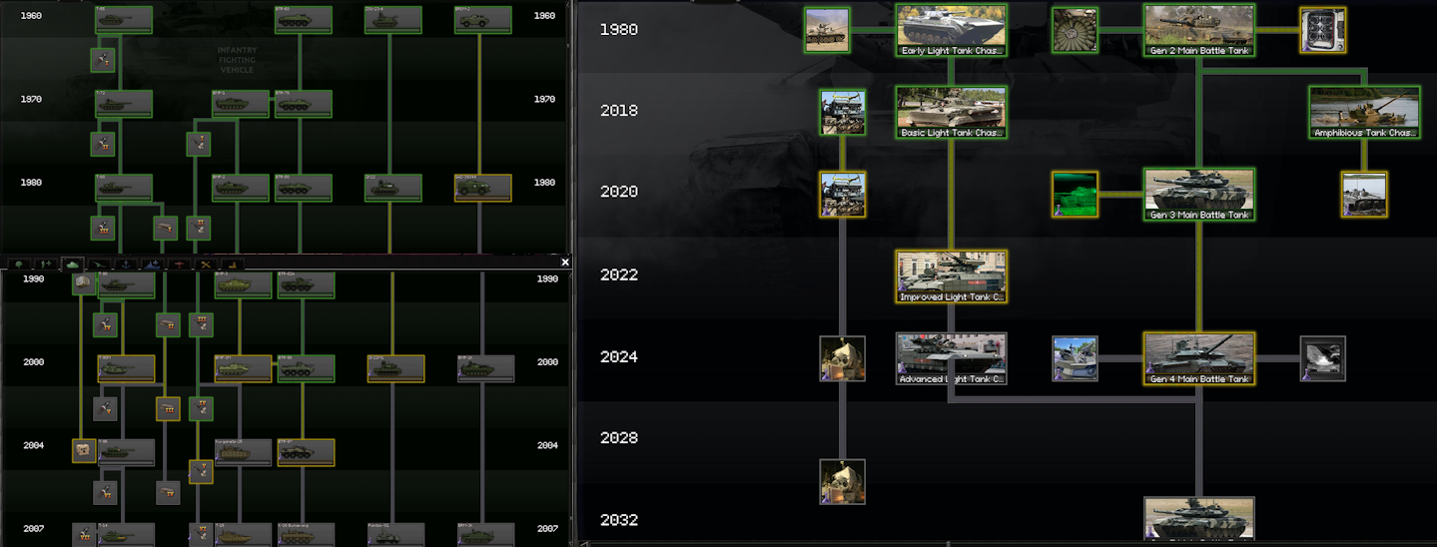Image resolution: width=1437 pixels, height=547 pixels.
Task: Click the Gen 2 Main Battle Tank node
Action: [1198, 30]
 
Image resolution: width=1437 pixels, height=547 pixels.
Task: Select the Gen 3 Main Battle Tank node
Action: [1198, 194]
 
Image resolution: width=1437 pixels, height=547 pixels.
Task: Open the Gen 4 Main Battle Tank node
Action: [1198, 358]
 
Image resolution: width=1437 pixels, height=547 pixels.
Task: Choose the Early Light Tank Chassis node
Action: [951, 30]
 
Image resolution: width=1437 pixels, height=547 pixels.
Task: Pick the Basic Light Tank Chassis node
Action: [951, 112]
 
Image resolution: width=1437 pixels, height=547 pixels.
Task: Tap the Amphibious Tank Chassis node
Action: [1364, 112]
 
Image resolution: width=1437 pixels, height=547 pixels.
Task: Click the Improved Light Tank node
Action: [951, 276]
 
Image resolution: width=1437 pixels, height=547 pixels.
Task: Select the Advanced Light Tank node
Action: [951, 358]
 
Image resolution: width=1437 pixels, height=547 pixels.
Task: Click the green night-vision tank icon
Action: [1075, 194]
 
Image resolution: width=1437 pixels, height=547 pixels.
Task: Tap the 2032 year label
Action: [619, 520]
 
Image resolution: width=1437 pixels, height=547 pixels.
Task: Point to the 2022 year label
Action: [619, 274]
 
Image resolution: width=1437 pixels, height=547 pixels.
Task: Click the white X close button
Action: [565, 263]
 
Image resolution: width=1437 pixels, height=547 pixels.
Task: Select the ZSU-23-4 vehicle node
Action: [392, 20]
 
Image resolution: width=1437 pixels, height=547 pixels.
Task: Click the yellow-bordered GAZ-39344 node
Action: [482, 188]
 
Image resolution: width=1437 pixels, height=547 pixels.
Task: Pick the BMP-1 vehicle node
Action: [241, 103]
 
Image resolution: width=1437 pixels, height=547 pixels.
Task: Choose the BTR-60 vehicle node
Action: [304, 20]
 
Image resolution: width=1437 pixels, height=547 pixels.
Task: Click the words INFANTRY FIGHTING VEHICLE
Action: [237, 60]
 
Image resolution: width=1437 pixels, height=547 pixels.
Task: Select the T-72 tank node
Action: [124, 103]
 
